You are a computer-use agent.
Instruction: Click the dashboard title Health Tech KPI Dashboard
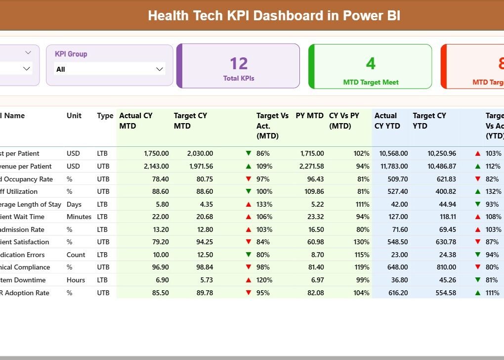274,15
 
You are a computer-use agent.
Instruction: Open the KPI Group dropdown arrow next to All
160,69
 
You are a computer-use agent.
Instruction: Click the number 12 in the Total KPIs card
239,63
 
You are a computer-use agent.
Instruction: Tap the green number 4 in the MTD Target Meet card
371,63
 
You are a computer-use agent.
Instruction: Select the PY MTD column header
309,116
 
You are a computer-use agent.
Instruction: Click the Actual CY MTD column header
136,121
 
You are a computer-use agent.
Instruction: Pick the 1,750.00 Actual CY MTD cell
156,154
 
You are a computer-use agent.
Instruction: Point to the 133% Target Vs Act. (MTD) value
263,204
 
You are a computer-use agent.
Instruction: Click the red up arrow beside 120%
249,280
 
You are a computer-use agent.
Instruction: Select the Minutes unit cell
79,217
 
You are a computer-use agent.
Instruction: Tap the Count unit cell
76,255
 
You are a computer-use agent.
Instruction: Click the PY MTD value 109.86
312,191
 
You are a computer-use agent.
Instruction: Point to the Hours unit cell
76,280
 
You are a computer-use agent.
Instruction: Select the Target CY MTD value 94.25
203,242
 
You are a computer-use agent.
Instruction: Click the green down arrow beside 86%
249,154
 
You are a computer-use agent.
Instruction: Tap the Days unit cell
74,204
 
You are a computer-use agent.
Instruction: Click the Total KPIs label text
239,78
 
